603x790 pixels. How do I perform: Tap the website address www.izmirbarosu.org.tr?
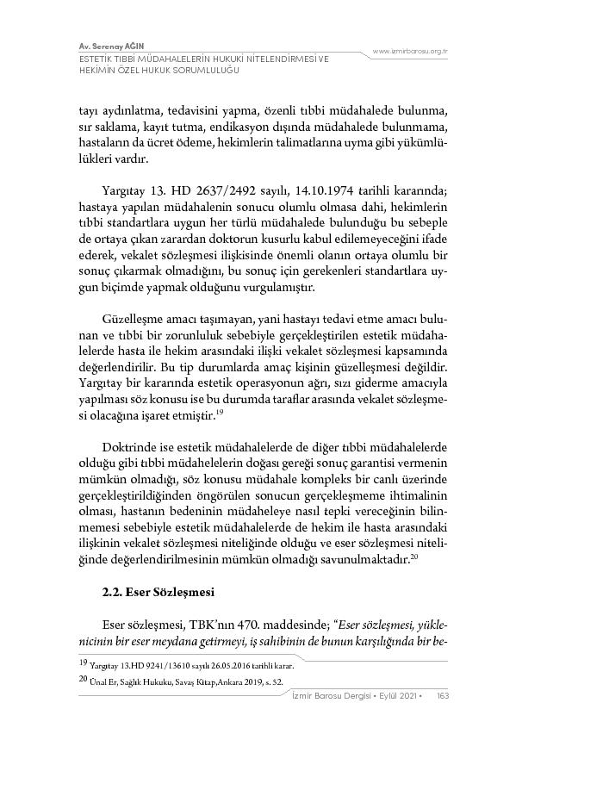click(x=409, y=53)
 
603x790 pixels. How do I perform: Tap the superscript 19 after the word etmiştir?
click(x=221, y=412)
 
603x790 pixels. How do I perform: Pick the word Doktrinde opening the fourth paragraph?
click(x=132, y=448)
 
